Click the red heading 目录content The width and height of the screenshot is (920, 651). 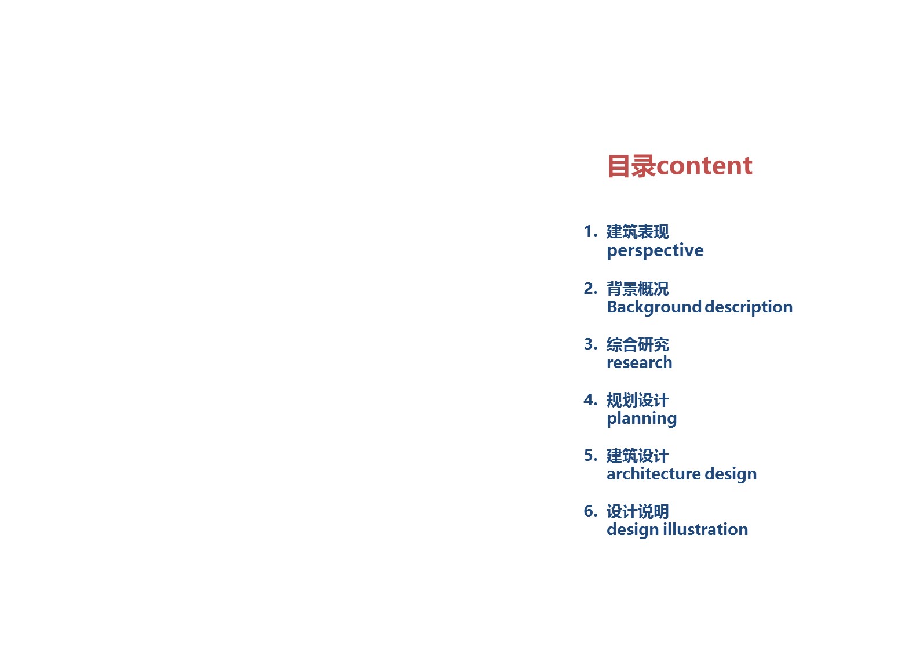tap(680, 166)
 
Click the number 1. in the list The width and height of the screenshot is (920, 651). tap(590, 231)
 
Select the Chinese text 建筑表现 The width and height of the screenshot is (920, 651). tap(638, 231)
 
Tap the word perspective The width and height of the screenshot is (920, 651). tap(655, 250)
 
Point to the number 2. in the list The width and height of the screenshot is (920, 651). tap(590, 288)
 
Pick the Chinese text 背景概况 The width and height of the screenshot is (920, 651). tap(638, 289)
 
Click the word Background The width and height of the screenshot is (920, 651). tap(654, 307)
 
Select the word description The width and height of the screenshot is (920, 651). tap(749, 307)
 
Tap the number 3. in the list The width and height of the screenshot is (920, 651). tap(590, 344)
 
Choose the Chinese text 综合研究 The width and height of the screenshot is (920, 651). tap(638, 344)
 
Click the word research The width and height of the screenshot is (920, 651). tap(640, 362)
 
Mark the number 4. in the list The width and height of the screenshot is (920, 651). tap(590, 399)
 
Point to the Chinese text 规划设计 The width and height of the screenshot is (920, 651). tap(638, 400)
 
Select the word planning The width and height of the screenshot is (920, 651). tap(641, 419)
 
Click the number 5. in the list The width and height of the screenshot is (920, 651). tap(590, 456)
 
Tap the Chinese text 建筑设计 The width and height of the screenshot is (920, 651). tap(638, 456)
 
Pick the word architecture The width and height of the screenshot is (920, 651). tap(654, 474)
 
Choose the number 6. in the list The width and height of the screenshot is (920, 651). tap(590, 511)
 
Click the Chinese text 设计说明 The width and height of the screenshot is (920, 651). tap(638, 511)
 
